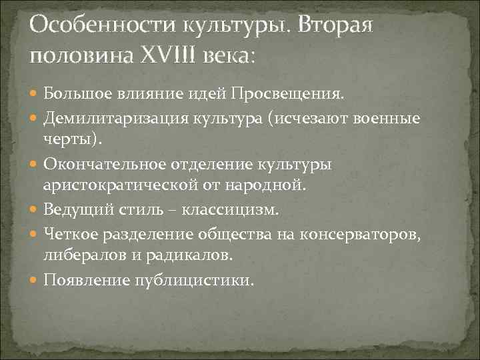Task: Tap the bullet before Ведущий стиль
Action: tap(35, 210)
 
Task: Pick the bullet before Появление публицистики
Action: tap(35, 280)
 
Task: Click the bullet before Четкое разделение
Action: tap(35, 234)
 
